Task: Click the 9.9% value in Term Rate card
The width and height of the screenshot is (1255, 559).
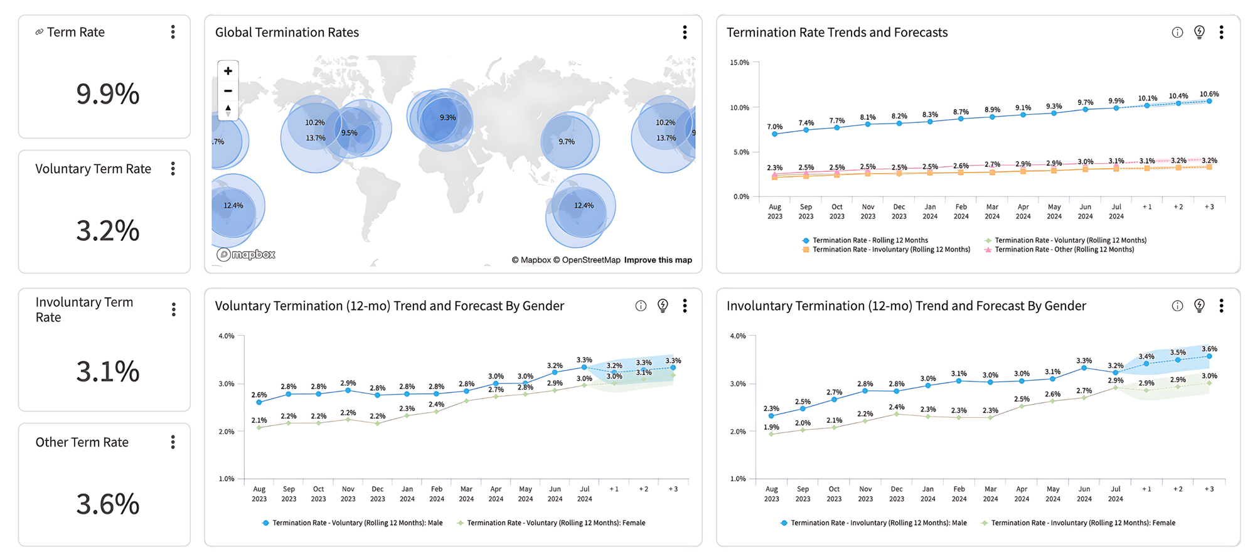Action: tap(107, 94)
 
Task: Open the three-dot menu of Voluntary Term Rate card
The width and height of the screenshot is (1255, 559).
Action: tap(173, 169)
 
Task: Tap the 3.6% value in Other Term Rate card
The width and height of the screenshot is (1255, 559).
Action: tap(107, 504)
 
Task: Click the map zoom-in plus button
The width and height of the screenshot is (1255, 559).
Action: tap(228, 71)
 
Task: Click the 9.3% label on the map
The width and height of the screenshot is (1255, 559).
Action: tap(447, 117)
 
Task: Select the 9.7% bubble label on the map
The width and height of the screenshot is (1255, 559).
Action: tap(567, 142)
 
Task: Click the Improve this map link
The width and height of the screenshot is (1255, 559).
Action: tap(658, 260)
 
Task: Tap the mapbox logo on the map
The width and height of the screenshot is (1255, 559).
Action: tap(246, 254)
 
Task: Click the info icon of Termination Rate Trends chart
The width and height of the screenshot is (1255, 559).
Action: tap(1177, 33)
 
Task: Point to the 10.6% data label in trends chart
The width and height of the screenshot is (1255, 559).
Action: tap(1209, 94)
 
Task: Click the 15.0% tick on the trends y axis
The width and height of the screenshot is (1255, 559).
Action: tap(739, 63)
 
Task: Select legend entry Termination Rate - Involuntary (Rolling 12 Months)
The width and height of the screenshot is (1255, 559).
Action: tap(890, 250)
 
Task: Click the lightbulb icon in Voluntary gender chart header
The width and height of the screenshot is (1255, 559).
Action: tap(663, 306)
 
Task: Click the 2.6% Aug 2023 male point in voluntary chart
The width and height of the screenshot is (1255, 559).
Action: tap(259, 402)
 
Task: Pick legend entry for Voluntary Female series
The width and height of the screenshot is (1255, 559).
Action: tap(555, 523)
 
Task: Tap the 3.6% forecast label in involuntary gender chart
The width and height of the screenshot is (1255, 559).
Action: tap(1209, 349)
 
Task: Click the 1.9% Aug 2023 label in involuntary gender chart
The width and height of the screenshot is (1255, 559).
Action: tap(771, 427)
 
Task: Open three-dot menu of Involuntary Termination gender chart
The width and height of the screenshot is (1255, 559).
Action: tap(1221, 306)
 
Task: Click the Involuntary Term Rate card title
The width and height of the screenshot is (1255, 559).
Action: tap(84, 309)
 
